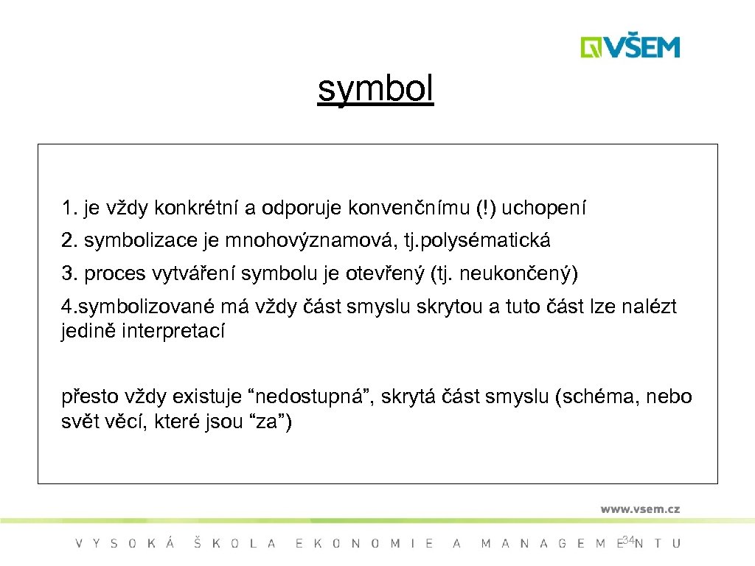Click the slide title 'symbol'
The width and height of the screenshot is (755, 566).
click(x=376, y=91)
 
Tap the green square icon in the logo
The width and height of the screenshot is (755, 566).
click(x=591, y=46)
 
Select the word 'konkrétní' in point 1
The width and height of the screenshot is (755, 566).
click(x=197, y=209)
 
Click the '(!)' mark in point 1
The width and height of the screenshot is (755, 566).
click(x=487, y=209)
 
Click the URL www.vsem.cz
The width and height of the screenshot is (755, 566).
click(x=639, y=509)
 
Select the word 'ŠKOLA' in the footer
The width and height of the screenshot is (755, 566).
click(x=234, y=544)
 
